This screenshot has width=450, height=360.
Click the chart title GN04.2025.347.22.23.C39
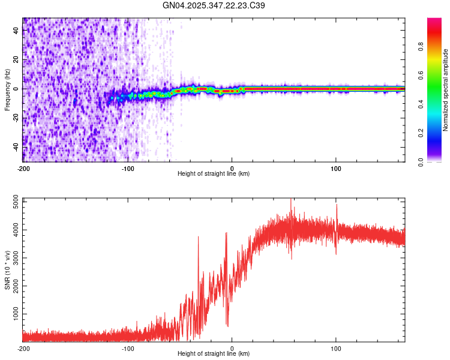pyautogui.click(x=214, y=5)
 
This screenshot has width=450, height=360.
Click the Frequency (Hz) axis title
pyautogui.click(x=7, y=89)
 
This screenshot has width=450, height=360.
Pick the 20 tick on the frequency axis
pyautogui.click(x=17, y=60)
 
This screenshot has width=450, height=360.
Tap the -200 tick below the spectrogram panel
pyautogui.click(x=23, y=168)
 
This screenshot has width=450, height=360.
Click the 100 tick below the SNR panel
pyautogui.click(x=336, y=348)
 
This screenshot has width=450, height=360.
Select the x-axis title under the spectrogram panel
pyautogui.click(x=214, y=174)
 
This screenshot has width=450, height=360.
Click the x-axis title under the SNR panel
pyautogui.click(x=214, y=354)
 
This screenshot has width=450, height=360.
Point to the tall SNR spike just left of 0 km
pyautogui.click(x=226, y=234)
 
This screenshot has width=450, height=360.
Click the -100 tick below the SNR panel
pyautogui.click(x=127, y=348)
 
